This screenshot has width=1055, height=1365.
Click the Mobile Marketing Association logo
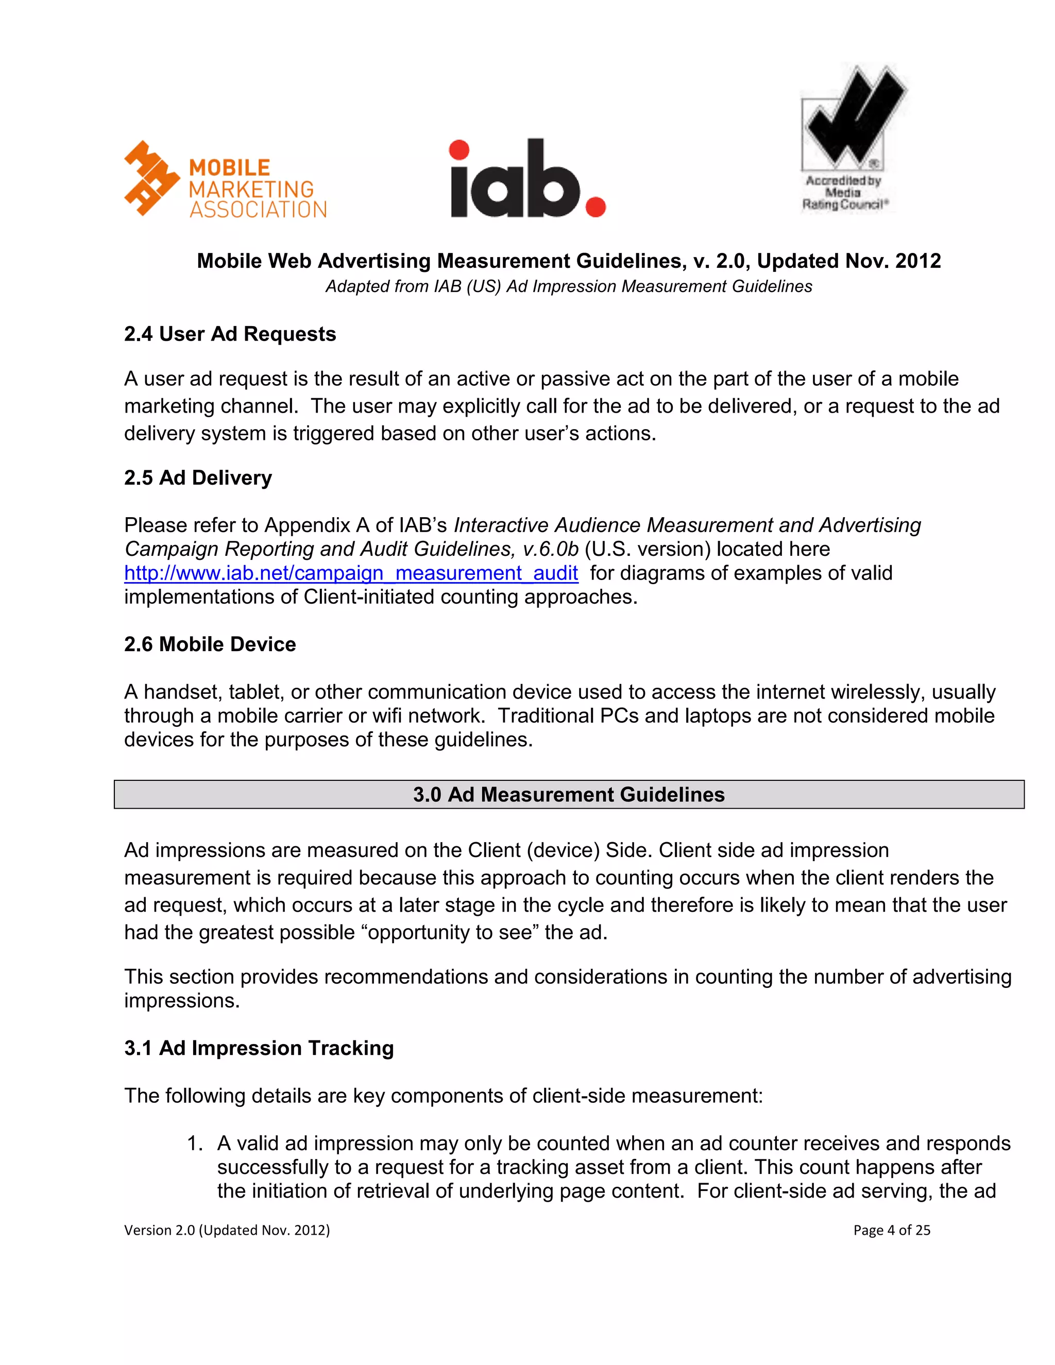(225, 179)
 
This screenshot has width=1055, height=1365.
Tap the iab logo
(527, 179)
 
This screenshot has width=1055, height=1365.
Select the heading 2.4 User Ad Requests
(230, 334)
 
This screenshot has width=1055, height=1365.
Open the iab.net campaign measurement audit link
(351, 573)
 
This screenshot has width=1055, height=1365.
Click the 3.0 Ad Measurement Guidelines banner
(568, 794)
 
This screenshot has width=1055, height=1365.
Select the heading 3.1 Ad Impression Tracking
(259, 1048)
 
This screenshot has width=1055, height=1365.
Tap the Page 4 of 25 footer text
(891, 1231)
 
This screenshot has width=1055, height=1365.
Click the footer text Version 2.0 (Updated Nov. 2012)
(227, 1231)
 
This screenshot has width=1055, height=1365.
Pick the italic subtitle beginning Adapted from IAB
(568, 286)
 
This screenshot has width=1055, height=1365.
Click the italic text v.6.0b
(551, 550)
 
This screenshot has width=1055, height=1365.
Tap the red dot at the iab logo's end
(595, 207)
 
